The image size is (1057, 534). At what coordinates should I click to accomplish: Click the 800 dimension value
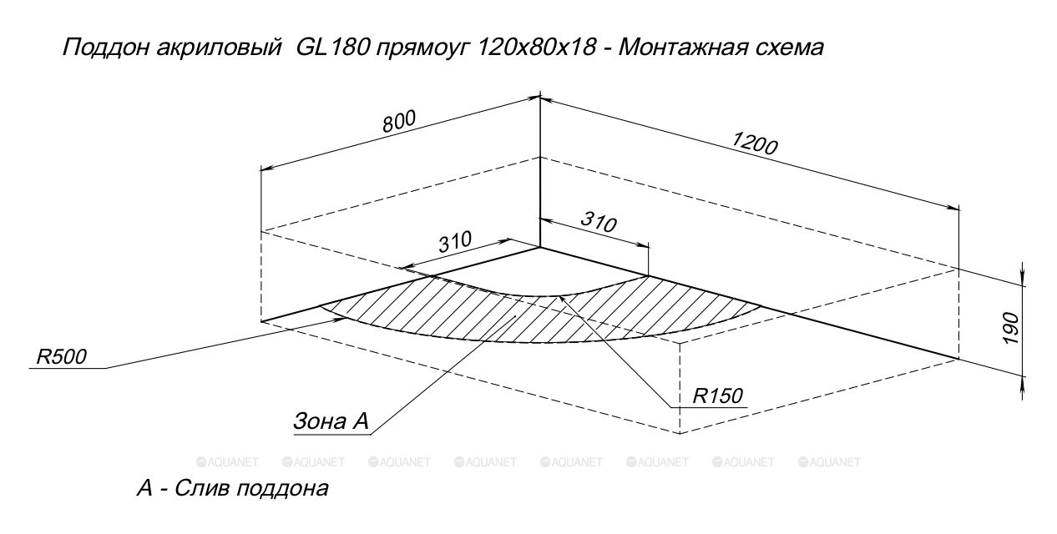(x=399, y=122)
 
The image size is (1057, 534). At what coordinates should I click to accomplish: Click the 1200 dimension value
(x=754, y=144)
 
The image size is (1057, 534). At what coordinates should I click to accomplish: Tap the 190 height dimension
(x=1011, y=328)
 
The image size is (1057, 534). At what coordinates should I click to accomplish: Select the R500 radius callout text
(x=61, y=356)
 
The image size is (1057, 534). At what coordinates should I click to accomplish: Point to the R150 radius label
(x=717, y=395)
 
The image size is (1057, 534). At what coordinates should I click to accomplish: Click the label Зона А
(x=331, y=421)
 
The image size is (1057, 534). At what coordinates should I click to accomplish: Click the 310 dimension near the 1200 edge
(x=599, y=222)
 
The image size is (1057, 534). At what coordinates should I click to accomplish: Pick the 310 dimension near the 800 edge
(x=455, y=241)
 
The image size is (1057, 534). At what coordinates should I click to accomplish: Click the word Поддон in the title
(x=106, y=48)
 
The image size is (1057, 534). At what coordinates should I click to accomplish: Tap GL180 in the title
(x=332, y=48)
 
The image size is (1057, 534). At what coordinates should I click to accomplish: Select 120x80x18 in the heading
(x=537, y=48)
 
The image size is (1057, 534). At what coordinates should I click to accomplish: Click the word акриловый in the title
(x=219, y=48)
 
